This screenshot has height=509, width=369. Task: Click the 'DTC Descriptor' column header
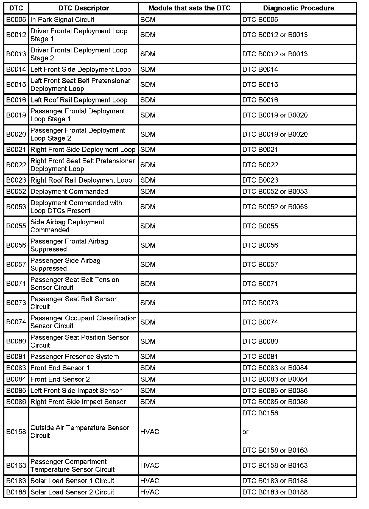[83, 8]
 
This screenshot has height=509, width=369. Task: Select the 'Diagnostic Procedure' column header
[298, 8]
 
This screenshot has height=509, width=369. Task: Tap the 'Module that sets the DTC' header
[189, 8]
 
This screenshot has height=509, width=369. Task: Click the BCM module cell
[146, 20]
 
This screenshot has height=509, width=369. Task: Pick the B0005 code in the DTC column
[16, 20]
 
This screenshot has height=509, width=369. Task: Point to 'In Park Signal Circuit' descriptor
[62, 20]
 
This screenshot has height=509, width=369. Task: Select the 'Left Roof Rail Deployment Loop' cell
[79, 100]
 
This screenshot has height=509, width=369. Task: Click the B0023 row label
[16, 180]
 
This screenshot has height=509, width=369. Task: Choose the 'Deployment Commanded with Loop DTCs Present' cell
[76, 207]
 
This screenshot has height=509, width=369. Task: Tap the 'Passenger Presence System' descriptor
[75, 357]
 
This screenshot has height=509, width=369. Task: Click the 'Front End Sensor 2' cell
[60, 379]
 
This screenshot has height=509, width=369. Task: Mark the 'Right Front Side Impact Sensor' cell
[78, 402]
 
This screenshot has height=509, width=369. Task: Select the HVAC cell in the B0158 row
[150, 432]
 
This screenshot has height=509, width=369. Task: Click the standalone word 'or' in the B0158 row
[245, 432]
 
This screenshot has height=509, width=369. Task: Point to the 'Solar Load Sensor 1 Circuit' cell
[72, 481]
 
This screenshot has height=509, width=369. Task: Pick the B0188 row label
[16, 492]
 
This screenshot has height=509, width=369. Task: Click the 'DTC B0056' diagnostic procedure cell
[260, 245]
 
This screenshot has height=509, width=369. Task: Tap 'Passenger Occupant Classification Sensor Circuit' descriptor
[83, 322]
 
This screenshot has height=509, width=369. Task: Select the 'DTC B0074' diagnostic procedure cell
[260, 322]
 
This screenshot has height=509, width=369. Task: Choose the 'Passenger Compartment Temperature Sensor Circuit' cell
[72, 466]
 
